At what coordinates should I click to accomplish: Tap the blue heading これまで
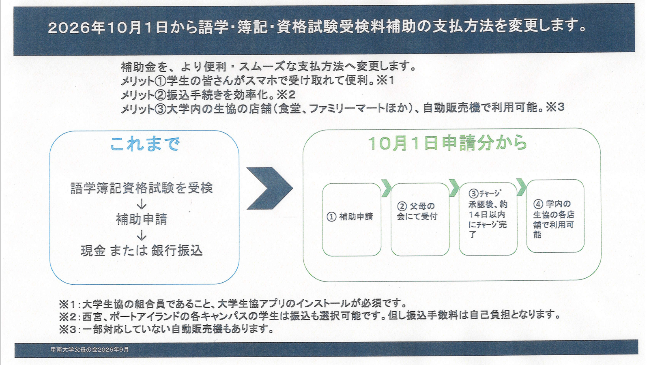(145, 144)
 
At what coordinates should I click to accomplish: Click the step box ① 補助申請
(351, 219)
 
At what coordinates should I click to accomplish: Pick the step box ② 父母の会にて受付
(420, 219)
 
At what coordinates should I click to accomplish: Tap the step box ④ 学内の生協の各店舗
(555, 216)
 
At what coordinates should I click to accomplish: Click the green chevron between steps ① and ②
(387, 188)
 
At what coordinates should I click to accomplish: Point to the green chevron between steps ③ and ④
(522, 187)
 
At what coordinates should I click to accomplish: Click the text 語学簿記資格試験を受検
(142, 188)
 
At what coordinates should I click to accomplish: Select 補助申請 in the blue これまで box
(142, 219)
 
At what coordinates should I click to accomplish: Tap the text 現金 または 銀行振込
(142, 251)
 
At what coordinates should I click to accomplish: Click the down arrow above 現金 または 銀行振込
(142, 235)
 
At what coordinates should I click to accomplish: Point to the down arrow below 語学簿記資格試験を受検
(142, 204)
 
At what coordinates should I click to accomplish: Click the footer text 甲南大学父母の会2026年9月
(90, 350)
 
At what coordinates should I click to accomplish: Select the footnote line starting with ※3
(167, 329)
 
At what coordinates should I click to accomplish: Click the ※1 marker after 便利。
(385, 80)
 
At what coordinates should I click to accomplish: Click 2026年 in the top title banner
(77, 28)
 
